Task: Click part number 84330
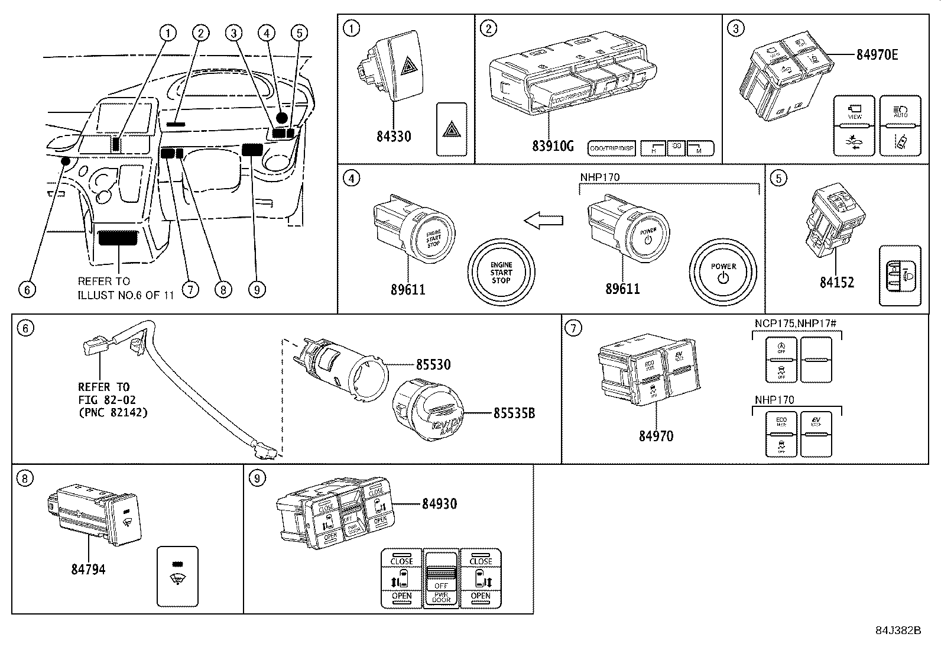[393, 137]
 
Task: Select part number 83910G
[553, 144]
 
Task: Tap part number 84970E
[877, 55]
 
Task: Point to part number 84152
[836, 283]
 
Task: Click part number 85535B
[514, 413]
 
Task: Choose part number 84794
[89, 570]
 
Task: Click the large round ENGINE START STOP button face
[501, 272]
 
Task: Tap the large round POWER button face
[723, 273]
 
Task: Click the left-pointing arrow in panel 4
[543, 221]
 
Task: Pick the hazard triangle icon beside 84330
[452, 129]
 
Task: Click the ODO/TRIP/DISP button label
[612, 148]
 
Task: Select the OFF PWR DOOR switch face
[441, 580]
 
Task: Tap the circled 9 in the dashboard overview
[257, 289]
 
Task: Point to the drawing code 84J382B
[898, 630]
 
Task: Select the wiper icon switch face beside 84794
[177, 576]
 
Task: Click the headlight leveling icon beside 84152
[900, 275]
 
